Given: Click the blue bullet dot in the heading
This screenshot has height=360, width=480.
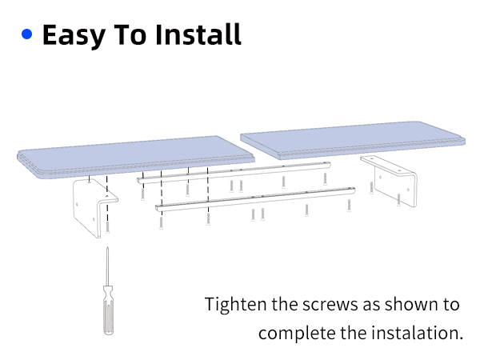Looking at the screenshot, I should click(27, 35).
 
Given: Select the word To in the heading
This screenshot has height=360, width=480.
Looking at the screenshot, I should click(134, 35).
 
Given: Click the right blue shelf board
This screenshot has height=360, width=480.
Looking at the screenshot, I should click(352, 141).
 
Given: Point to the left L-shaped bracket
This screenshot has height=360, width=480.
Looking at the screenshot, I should click(90, 205).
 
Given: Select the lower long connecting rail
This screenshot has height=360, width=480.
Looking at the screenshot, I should click(256, 198).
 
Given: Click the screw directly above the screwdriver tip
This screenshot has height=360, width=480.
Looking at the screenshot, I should click(106, 227).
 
